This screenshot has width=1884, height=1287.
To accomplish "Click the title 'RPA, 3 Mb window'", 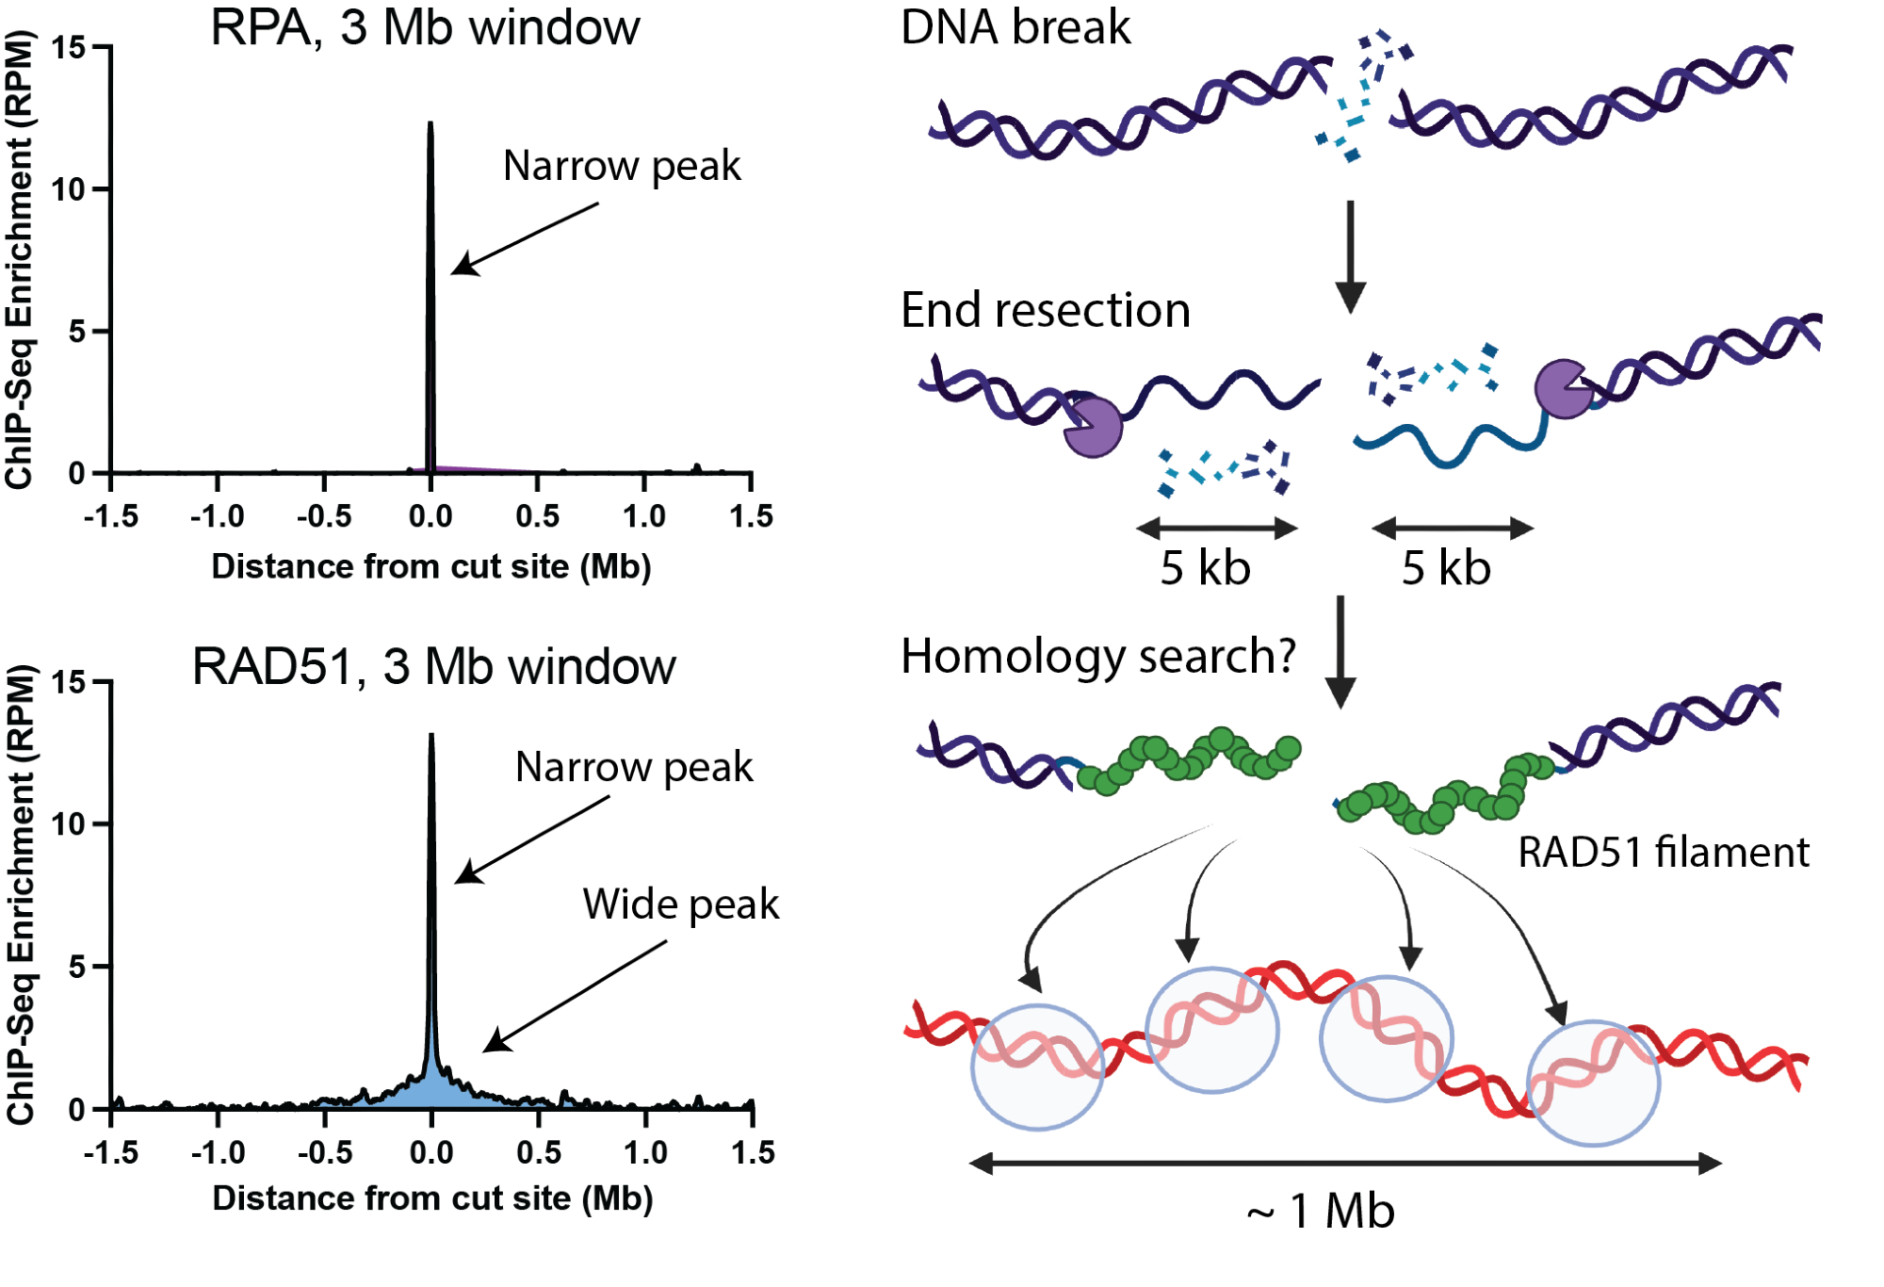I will click(425, 27).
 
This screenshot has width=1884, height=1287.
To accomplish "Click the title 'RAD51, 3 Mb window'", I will click(433, 667).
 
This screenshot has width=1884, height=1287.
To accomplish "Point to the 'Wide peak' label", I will click(680, 904).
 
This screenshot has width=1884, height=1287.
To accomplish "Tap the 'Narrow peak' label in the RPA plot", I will click(622, 166).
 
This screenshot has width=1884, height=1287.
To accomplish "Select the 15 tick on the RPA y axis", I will click(69, 47).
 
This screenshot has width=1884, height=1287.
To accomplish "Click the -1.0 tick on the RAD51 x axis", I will click(218, 1152).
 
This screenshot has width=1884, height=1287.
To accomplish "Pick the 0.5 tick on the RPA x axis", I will click(537, 516).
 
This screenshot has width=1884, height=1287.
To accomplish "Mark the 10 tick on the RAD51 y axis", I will click(69, 824).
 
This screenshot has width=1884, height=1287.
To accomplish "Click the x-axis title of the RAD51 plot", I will click(432, 1198).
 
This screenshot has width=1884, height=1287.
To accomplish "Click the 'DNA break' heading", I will click(1015, 27).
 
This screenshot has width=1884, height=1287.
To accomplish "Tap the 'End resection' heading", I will click(1045, 310).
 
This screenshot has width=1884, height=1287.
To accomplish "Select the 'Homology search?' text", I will click(1098, 656).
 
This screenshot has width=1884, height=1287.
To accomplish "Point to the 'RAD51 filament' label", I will click(1663, 853).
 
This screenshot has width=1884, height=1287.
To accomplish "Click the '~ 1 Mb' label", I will click(1321, 1212).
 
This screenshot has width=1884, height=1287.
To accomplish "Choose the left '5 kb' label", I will click(1205, 568).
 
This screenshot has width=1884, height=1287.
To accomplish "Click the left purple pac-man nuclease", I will click(1094, 427).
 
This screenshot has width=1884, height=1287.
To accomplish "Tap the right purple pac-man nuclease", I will click(1563, 388).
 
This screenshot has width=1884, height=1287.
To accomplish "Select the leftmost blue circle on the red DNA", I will click(1038, 1067).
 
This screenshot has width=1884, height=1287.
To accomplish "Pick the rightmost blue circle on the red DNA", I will click(1593, 1083).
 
